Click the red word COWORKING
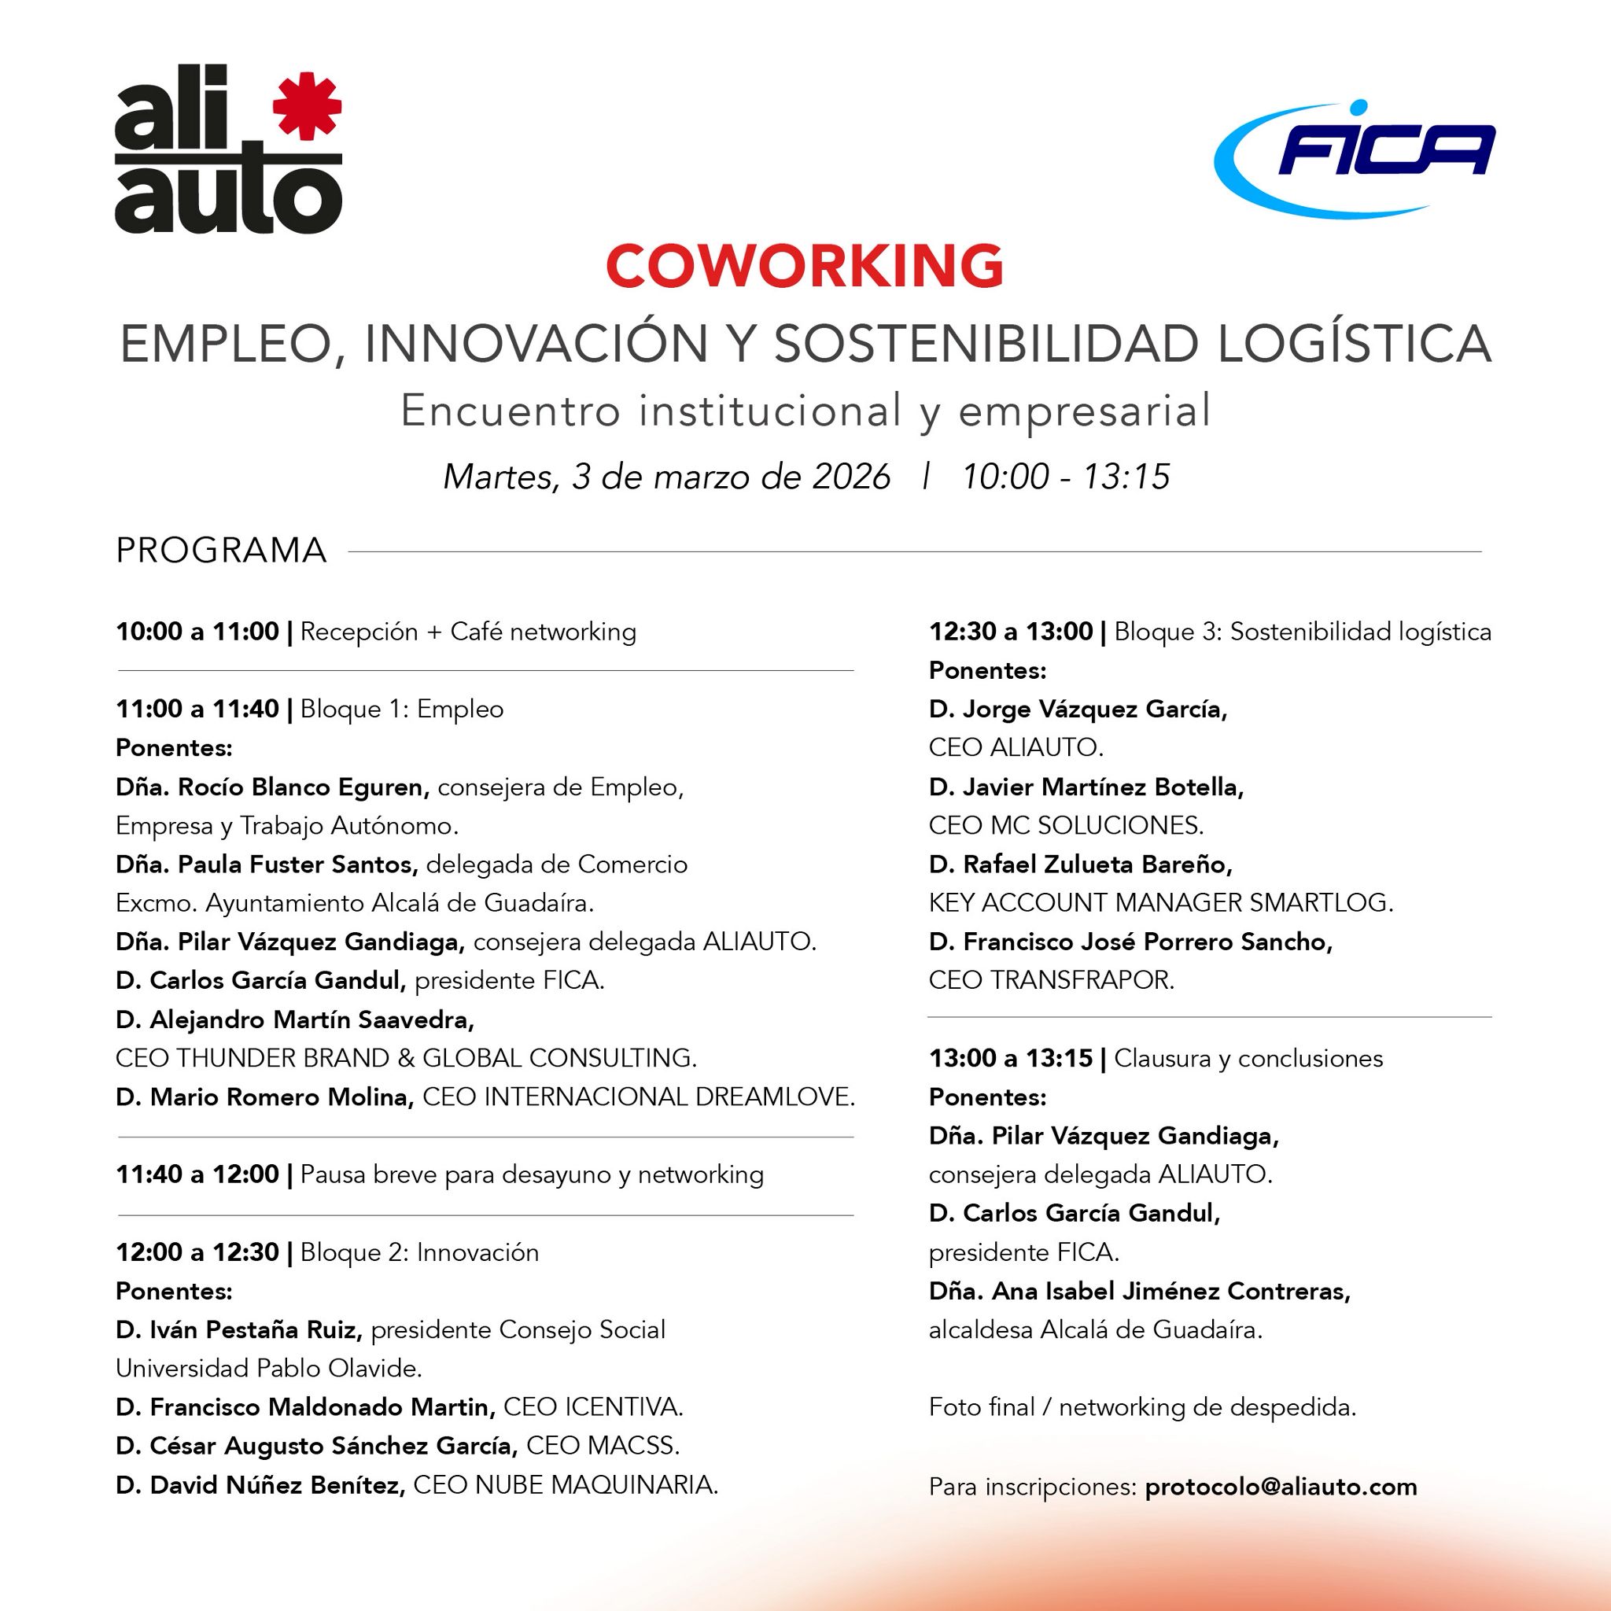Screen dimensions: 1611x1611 click(x=805, y=266)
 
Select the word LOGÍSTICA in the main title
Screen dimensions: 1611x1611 click(x=1355, y=344)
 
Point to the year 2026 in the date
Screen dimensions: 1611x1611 click(x=851, y=477)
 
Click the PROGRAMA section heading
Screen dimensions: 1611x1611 click(x=221, y=551)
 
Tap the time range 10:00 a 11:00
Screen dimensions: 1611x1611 click(x=197, y=631)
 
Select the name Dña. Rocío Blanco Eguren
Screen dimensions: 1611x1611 click(x=272, y=787)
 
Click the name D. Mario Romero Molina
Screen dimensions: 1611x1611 click(x=264, y=1097)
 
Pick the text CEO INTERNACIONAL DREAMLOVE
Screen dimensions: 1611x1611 click(x=638, y=1097)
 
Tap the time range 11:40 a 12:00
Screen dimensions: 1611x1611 click(x=197, y=1174)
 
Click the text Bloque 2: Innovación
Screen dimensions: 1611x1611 click(x=419, y=1252)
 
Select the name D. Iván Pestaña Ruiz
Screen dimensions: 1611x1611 click(x=238, y=1330)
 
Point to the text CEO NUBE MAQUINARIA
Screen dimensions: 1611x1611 click(x=566, y=1485)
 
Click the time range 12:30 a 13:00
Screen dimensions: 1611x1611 click(x=1011, y=631)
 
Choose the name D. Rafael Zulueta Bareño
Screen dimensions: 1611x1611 click(x=1080, y=864)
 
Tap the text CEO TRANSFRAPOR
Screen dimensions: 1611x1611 click(x=1051, y=980)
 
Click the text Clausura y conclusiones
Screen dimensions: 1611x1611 click(x=1248, y=1058)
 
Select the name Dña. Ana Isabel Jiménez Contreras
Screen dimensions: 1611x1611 click(x=1139, y=1292)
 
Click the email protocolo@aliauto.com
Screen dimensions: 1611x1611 click(x=1281, y=1487)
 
